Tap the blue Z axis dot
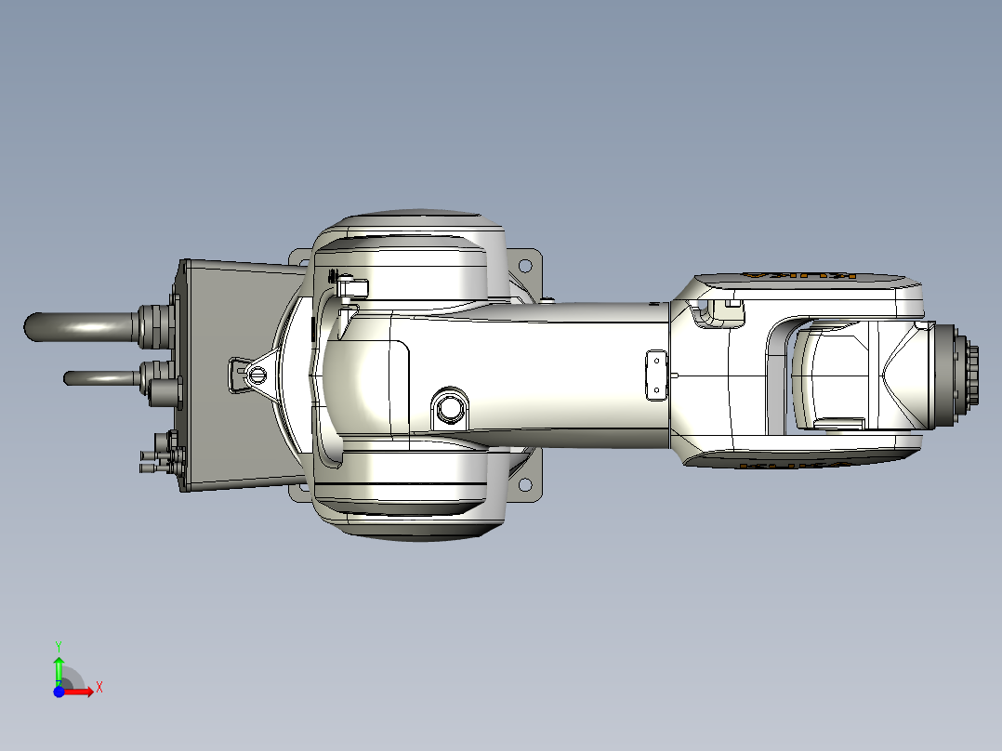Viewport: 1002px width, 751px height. [59, 692]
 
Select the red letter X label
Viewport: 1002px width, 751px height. [99, 687]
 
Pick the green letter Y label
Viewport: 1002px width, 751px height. [58, 644]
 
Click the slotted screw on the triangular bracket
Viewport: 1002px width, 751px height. [256, 374]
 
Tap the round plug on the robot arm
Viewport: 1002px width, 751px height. [451, 406]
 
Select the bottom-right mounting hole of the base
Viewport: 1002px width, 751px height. [525, 485]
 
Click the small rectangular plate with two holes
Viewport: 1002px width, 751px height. [656, 375]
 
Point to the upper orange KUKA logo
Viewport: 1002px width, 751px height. [799, 277]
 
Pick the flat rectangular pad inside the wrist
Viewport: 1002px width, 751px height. [837, 424]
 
